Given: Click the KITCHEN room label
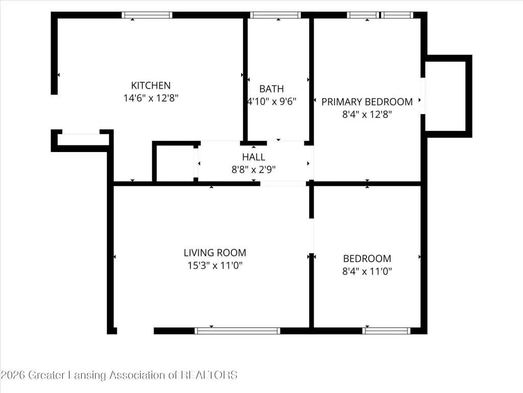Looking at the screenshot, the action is point(151,85).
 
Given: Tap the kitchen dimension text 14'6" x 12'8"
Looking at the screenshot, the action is point(151,98).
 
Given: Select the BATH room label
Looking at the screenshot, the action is point(272,89).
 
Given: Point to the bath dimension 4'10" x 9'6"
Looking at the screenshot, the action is point(272,101).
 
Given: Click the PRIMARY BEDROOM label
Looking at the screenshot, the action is point(367,102).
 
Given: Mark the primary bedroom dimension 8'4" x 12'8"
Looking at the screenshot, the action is point(367,114).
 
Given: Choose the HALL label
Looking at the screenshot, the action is point(253,157).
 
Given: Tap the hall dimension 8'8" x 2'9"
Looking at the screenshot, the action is point(253,169).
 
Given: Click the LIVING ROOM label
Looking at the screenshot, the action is point(215,253).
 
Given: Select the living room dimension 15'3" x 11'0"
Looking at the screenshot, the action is point(215,266).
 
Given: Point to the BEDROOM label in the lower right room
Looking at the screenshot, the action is point(367,258).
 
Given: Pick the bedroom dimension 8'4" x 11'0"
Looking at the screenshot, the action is point(367,271).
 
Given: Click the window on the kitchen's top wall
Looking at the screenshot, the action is point(147,15).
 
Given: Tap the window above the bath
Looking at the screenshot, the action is point(275,15).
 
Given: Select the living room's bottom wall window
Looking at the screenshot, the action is point(237,331).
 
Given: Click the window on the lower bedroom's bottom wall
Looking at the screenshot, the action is point(386,331).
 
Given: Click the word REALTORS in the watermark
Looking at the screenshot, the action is point(209,375).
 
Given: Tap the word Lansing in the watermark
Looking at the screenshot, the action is point(87,375).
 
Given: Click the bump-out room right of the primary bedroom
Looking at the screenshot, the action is point(447,96).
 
